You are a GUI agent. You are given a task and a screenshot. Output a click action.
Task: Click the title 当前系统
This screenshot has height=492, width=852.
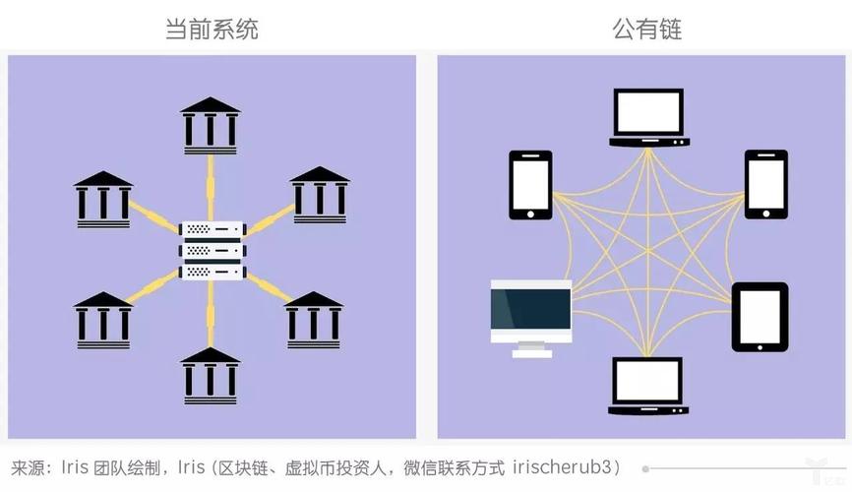(x=212, y=29)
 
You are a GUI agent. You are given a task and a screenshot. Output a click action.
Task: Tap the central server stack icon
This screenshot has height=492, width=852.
(x=212, y=250)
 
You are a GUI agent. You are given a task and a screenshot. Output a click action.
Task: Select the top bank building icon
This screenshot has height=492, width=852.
(x=211, y=124)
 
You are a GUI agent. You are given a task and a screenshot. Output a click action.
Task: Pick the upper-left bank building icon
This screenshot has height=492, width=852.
(x=103, y=200)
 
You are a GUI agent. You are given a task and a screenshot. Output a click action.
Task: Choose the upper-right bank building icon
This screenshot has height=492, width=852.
(x=320, y=194)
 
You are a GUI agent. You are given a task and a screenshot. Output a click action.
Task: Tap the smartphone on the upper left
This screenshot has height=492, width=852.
(x=529, y=184)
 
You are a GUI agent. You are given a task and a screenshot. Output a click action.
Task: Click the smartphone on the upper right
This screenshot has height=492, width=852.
(x=765, y=184)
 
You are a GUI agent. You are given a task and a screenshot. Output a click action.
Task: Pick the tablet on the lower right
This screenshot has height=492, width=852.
(x=760, y=317)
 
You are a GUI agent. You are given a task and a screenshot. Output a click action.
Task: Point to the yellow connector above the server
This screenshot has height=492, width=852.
(x=211, y=188)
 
